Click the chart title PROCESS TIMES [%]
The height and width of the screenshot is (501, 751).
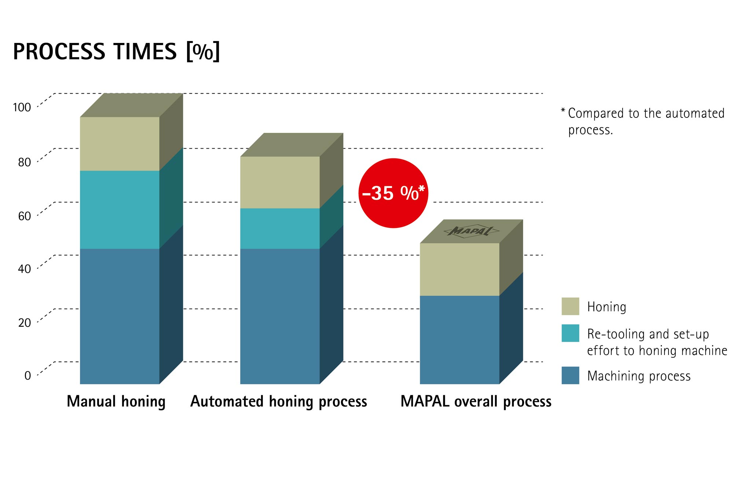pyautogui.click(x=116, y=52)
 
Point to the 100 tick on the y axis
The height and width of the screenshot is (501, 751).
pyautogui.click(x=22, y=108)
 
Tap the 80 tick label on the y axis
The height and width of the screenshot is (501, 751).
pyautogui.click(x=25, y=162)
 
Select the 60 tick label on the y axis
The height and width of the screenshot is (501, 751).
pyautogui.click(x=25, y=216)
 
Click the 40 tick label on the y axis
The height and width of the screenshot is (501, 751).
pyautogui.click(x=25, y=269)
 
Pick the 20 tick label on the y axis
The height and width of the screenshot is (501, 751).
pyautogui.click(x=25, y=323)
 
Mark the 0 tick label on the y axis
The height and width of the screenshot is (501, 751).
pyautogui.click(x=28, y=375)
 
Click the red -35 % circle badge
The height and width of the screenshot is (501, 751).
pyautogui.click(x=393, y=193)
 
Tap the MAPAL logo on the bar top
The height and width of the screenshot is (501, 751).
pyautogui.click(x=471, y=231)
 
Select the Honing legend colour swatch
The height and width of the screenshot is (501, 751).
pyautogui.click(x=570, y=306)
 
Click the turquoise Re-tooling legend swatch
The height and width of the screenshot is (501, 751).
pyautogui.click(x=570, y=333)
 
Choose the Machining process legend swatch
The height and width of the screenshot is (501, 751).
pyautogui.click(x=570, y=375)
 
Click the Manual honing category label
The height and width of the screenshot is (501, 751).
pyautogui.click(x=116, y=402)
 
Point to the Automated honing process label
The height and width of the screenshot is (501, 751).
pyautogui.click(x=279, y=402)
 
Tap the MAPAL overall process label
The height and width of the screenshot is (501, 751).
pyautogui.click(x=476, y=402)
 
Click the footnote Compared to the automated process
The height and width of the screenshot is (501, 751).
pyautogui.click(x=645, y=121)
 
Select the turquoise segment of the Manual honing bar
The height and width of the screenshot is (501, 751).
pyautogui.click(x=120, y=210)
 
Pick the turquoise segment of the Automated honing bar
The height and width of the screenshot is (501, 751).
pyautogui.click(x=280, y=228)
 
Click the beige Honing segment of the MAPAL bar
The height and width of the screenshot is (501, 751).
pyautogui.click(x=459, y=269)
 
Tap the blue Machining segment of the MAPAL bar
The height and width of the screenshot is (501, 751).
pyautogui.click(x=459, y=340)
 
